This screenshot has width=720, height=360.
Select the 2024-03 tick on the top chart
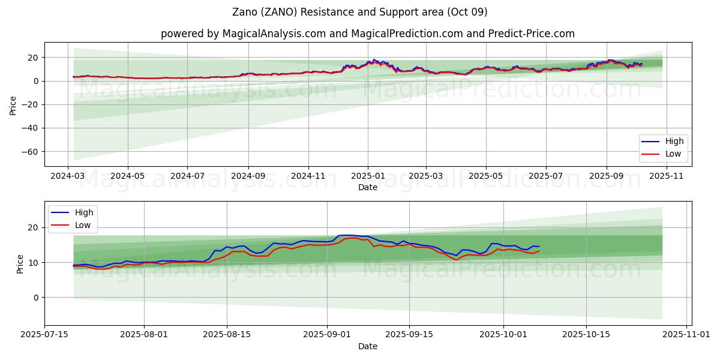click(x=68, y=176)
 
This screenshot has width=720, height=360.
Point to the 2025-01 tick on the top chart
click(x=368, y=176)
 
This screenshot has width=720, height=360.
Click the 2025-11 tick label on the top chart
click(x=666, y=176)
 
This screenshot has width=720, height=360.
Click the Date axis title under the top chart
click(x=368, y=187)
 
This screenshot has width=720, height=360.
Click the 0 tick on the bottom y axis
click(x=36, y=298)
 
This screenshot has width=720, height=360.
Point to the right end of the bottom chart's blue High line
click(x=539, y=247)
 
